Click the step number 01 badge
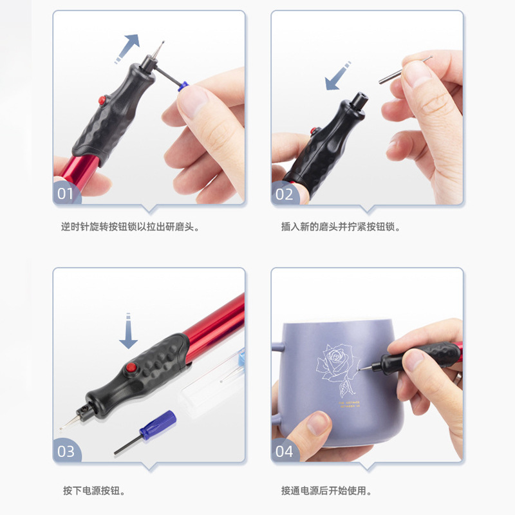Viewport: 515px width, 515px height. [66, 193]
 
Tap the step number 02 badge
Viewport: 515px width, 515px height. [285, 193]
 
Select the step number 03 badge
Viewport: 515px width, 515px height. [66, 451]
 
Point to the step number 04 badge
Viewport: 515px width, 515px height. [285, 451]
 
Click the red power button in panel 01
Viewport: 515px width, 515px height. [102, 100]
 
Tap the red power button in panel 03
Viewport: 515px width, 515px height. [131, 368]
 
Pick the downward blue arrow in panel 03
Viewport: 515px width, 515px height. [129, 332]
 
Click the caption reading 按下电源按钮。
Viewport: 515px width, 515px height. [94, 491]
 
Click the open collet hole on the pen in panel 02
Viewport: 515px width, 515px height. [359, 98]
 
